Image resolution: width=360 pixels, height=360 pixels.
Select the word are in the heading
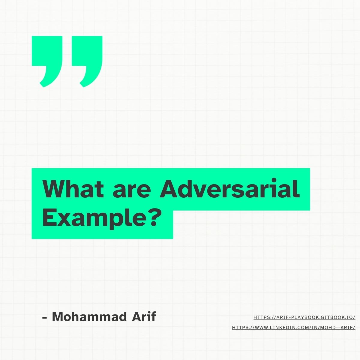click(132, 191)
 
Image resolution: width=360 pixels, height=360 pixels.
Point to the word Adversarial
click(229, 188)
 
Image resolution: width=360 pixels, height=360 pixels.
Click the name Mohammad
click(89, 317)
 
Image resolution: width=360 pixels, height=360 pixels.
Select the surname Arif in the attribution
click(144, 316)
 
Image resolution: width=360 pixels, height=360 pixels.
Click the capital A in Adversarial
click(169, 189)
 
